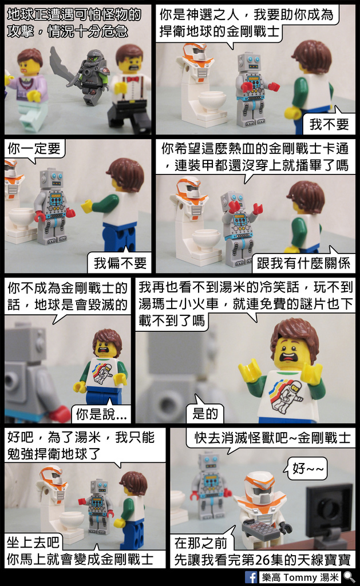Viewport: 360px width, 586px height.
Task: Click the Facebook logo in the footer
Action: [251, 577]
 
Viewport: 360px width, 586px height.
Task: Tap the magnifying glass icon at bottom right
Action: [349, 577]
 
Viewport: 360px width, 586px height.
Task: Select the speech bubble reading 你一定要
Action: [34, 149]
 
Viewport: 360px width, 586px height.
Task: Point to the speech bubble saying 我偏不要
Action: [120, 263]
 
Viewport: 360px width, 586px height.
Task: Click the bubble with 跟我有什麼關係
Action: [303, 263]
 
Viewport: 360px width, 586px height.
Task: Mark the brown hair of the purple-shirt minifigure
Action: [29, 56]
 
